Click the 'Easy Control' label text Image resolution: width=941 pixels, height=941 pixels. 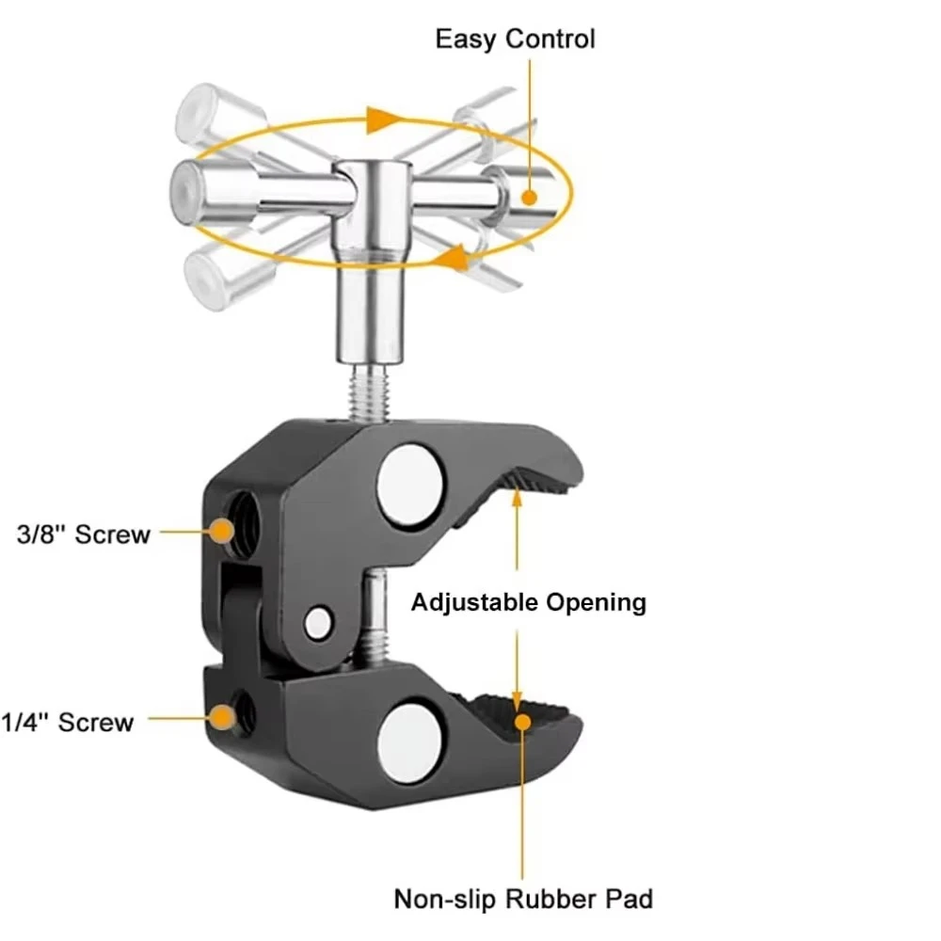[515, 40]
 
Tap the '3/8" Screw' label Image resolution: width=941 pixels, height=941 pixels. [84, 534]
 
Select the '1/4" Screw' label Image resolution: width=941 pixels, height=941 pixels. [67, 722]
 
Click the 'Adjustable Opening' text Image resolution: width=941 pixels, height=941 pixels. [528, 602]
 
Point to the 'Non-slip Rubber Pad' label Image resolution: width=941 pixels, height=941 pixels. [523, 899]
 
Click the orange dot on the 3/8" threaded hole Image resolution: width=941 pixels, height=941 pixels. [223, 531]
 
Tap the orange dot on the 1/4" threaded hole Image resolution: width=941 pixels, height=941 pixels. [223, 718]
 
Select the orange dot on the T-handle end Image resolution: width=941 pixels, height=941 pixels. [529, 197]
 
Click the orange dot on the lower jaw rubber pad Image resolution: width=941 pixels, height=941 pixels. [522, 722]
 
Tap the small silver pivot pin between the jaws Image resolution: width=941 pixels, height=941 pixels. [318, 623]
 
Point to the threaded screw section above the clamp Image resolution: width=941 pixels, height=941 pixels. [368, 393]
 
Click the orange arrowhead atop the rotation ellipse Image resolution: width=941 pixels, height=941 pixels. [382, 120]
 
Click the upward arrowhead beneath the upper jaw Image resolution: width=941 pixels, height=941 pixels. [517, 499]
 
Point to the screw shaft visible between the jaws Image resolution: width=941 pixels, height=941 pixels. [374, 618]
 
